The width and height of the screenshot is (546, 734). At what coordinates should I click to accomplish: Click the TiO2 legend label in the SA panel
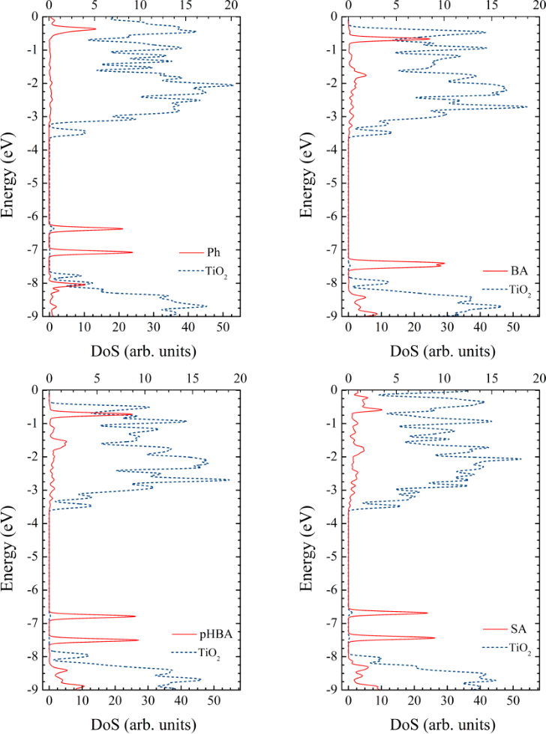point(519,649)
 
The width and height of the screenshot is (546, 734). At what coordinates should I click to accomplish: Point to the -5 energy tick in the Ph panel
point(32,183)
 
